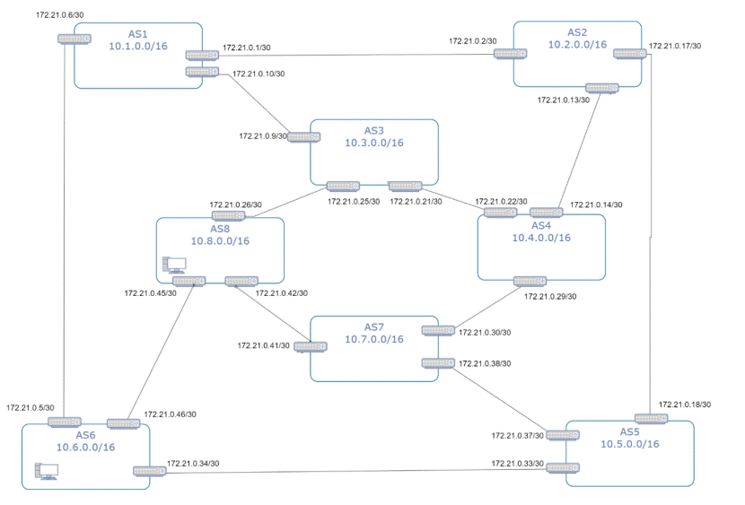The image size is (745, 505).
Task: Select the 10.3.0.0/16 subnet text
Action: point(373,143)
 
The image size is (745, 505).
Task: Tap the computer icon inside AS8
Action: point(173,265)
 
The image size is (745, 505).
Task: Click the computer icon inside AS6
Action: point(46,470)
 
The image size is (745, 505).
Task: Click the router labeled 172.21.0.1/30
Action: point(202,55)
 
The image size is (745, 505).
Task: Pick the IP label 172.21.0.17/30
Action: point(675,46)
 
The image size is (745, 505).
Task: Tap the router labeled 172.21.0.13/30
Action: point(600,88)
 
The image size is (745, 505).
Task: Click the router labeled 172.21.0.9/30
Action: point(304,137)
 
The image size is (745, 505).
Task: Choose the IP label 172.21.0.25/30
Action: point(354,201)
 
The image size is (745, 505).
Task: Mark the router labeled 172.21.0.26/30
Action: point(228,216)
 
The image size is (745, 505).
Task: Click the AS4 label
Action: point(541,224)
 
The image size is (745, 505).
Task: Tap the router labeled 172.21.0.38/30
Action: point(439,363)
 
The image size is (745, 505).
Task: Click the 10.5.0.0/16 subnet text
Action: point(630,443)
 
